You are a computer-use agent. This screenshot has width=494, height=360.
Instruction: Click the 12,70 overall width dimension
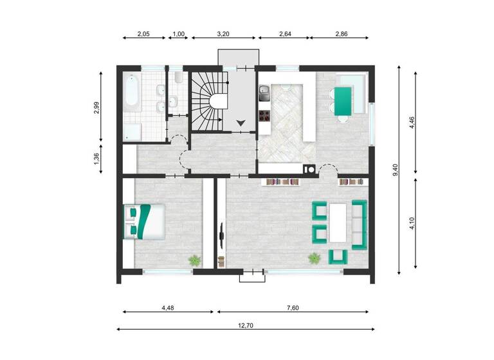point(246,325)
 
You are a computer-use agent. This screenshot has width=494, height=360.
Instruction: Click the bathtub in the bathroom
point(132,92)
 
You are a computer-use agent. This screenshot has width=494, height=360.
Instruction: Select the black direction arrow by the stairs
point(241,121)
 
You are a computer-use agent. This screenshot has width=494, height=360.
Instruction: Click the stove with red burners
point(264,116)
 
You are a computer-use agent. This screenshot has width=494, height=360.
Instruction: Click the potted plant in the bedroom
point(194,260)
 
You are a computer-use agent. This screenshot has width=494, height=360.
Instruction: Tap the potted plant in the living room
point(314,258)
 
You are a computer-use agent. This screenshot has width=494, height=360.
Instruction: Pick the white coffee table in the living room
point(338,222)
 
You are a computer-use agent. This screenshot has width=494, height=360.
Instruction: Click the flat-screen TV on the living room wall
point(223,236)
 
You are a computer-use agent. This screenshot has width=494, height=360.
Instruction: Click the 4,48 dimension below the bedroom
point(167,307)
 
